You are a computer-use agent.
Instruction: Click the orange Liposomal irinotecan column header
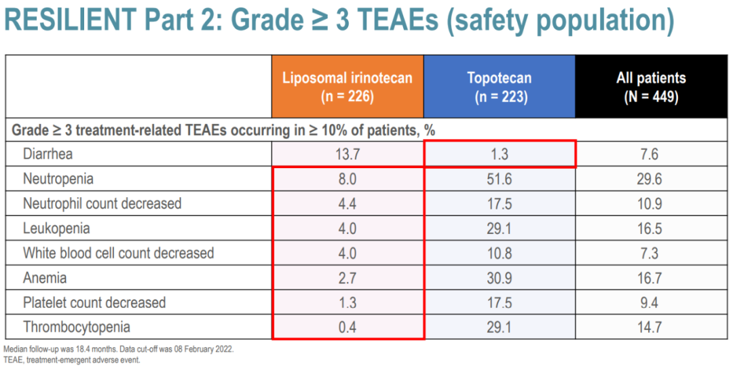(x=347, y=87)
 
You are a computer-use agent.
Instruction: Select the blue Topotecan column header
(x=499, y=87)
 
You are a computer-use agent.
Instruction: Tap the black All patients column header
(x=650, y=87)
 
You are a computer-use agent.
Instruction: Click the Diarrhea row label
(x=48, y=154)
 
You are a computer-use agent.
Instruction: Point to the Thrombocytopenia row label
(x=76, y=327)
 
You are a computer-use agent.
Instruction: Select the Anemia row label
(x=45, y=278)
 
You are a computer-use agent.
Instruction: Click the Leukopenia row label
(x=56, y=228)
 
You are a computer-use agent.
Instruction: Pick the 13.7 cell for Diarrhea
(x=347, y=154)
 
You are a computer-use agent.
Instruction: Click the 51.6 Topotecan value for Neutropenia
(x=499, y=179)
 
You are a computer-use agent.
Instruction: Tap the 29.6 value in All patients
(x=650, y=179)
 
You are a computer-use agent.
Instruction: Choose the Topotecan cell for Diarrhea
(x=499, y=154)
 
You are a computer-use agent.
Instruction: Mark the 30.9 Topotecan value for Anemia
(x=499, y=278)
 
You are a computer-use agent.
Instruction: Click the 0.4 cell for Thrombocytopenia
(x=347, y=327)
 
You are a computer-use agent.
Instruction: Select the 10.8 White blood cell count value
(x=499, y=253)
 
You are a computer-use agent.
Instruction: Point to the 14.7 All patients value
(x=650, y=327)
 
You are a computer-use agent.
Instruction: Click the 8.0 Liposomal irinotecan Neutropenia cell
(x=347, y=179)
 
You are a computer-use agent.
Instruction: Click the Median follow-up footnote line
(x=119, y=348)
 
